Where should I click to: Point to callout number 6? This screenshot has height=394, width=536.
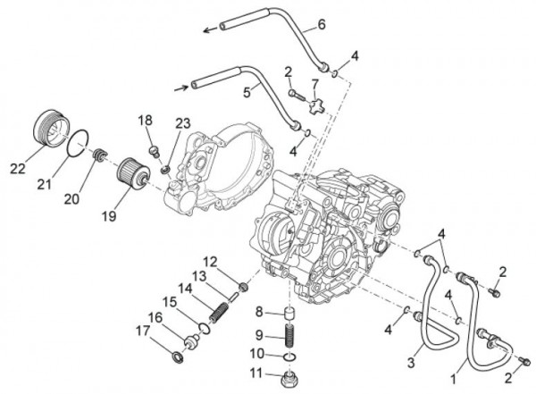coord(297,23)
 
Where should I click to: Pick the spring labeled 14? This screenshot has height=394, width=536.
coord(217,312)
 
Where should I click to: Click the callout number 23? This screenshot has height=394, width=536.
coord(183,124)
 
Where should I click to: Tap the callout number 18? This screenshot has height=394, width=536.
coord(144,120)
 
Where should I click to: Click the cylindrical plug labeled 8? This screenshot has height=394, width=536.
coord(289,314)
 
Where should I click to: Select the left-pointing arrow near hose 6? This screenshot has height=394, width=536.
coord(207,29)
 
